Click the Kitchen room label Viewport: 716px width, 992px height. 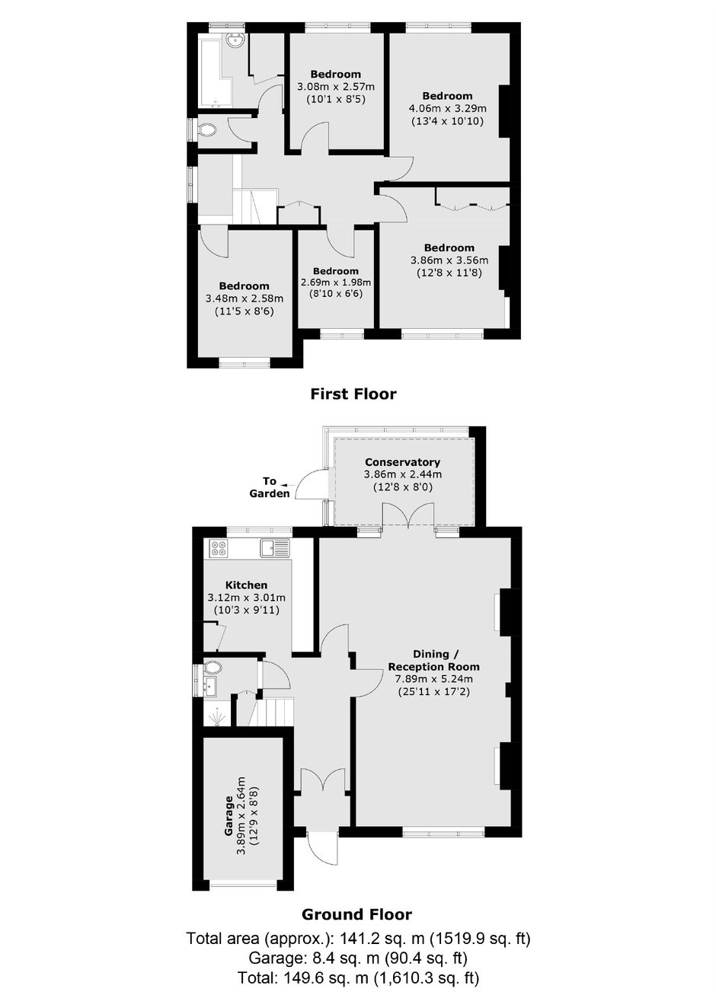click(246, 585)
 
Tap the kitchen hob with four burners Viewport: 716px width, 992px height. click(219, 549)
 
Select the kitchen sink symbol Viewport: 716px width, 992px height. click(275, 548)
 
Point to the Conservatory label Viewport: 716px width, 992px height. click(402, 462)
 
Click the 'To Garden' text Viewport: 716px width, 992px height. click(270, 487)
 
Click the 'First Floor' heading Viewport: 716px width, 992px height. click(353, 394)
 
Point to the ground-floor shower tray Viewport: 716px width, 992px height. click(217, 716)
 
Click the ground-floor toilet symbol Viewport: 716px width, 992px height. click(212, 668)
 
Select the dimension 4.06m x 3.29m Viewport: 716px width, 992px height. click(447, 108)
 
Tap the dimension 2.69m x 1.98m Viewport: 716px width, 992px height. click(336, 282)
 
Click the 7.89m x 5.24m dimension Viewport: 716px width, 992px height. click(433, 679)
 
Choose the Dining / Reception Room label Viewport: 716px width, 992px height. click(433, 660)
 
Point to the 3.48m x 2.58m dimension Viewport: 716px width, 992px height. click(245, 298)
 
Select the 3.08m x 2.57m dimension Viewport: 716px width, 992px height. click(335, 86)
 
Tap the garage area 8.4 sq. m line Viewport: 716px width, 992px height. click(358, 959)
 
